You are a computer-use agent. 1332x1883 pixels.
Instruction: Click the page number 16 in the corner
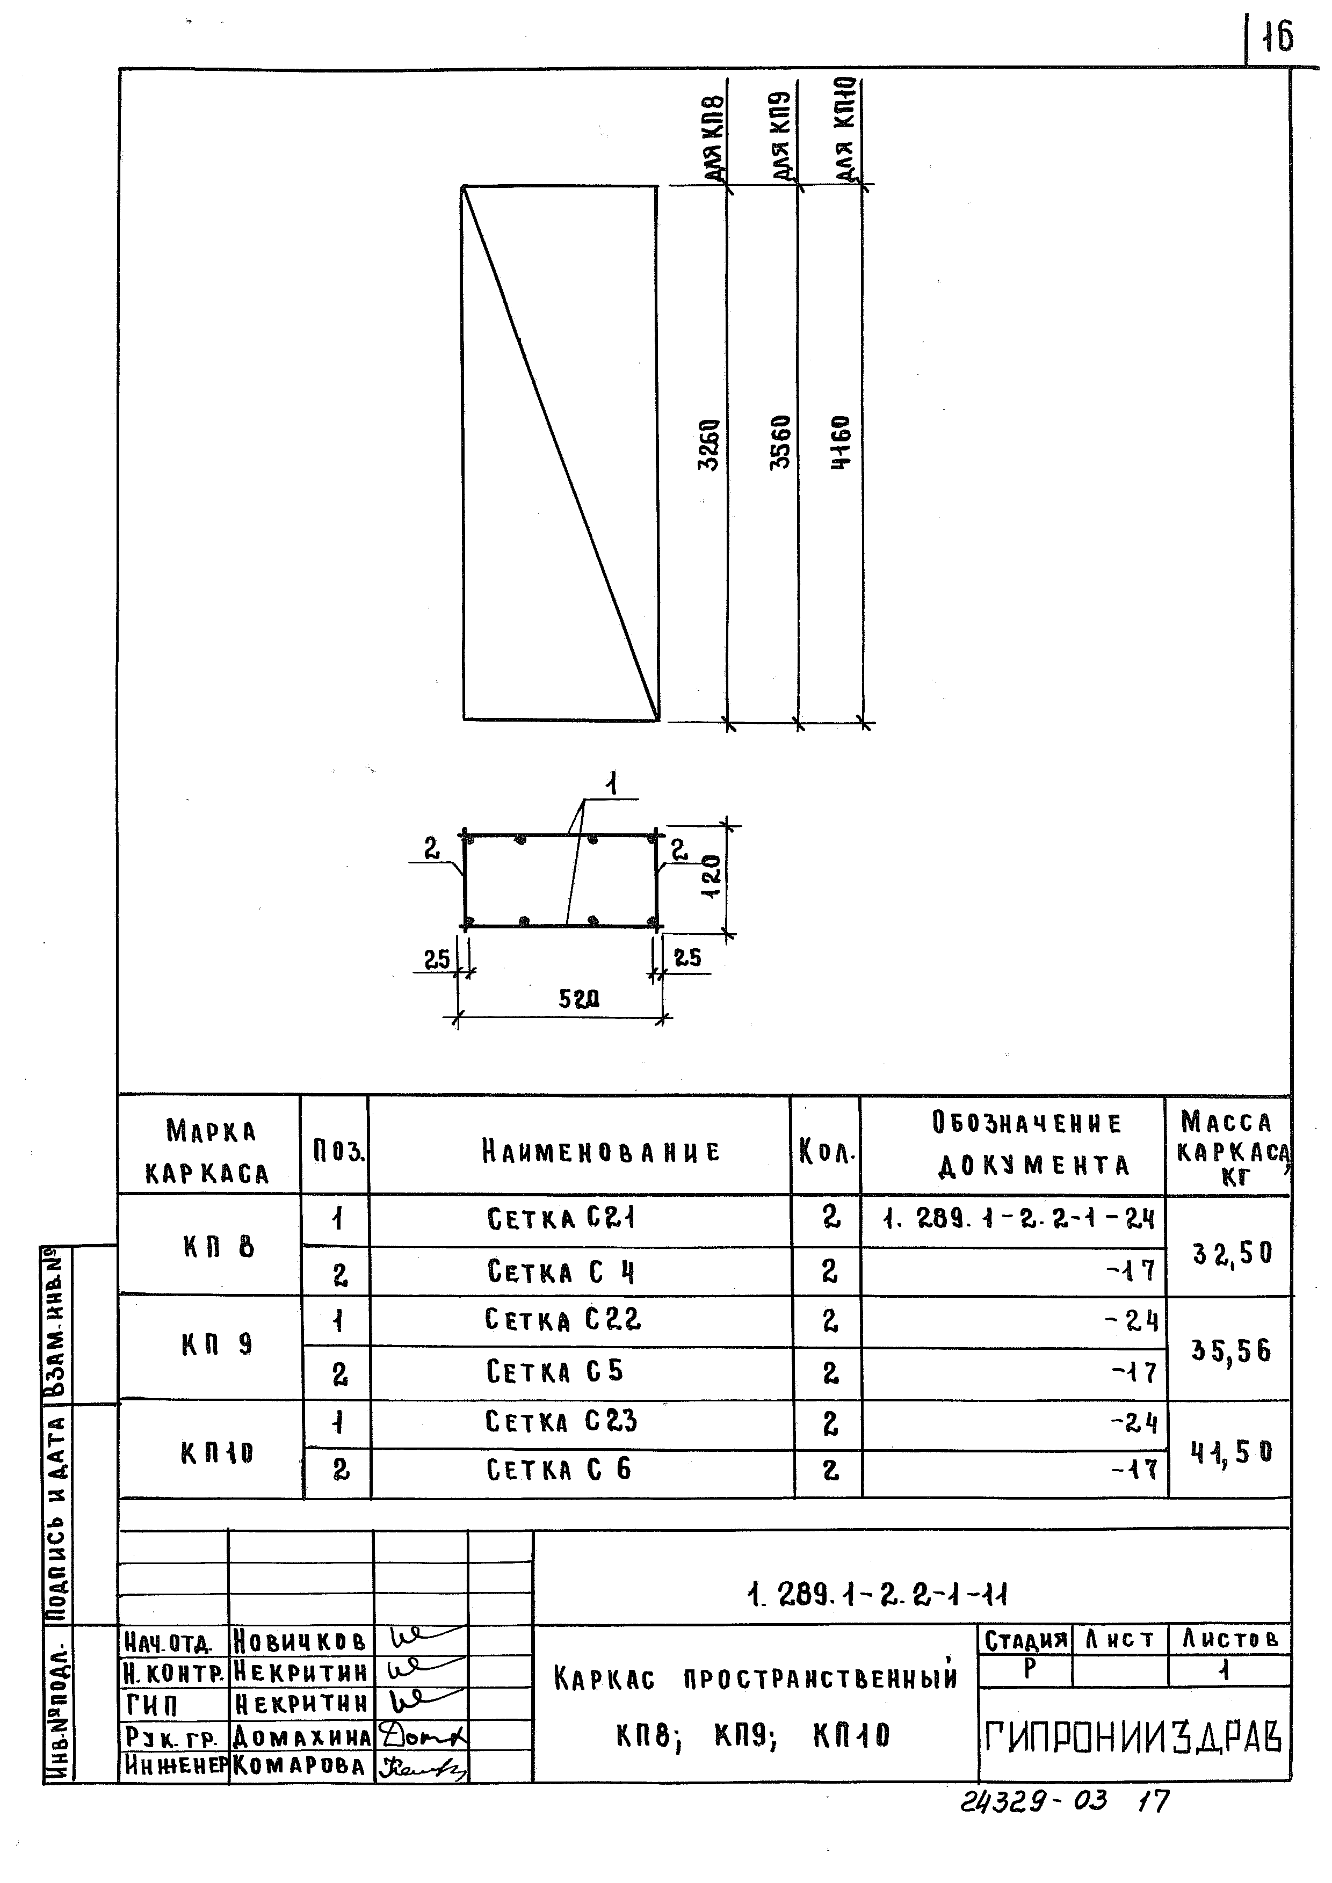[1277, 37]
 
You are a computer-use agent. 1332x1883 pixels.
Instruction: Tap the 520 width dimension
[579, 999]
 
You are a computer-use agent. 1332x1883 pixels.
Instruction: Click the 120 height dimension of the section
[712, 877]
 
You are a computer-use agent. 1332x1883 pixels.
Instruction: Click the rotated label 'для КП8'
[714, 138]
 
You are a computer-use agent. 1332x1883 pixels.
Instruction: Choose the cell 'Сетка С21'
[561, 1219]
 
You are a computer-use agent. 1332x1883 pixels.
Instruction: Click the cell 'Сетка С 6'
[559, 1469]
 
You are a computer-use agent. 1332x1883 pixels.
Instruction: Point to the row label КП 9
[218, 1344]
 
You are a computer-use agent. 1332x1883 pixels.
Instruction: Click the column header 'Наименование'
[601, 1152]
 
